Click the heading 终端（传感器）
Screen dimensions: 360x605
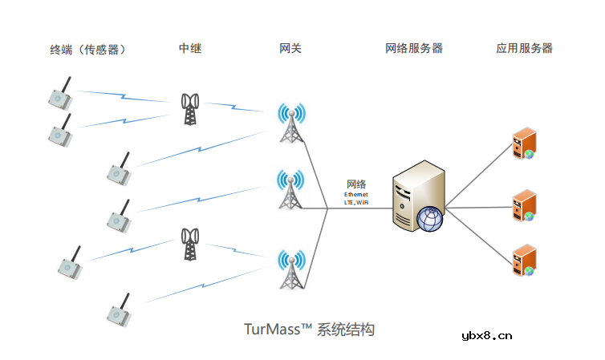(x=88, y=50)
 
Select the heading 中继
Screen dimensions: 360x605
(x=190, y=49)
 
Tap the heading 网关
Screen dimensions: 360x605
(x=290, y=49)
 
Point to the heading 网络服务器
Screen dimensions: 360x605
(x=414, y=49)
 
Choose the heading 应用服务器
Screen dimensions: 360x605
(x=525, y=49)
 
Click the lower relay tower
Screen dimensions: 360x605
(x=190, y=244)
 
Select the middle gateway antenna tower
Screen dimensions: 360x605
(x=290, y=190)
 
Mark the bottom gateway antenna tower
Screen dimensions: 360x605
(x=290, y=270)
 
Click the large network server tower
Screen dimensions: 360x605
(x=414, y=195)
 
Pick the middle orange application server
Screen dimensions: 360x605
(x=524, y=204)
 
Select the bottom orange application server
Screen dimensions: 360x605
(x=524, y=261)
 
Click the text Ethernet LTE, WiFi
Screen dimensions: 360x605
(x=356, y=199)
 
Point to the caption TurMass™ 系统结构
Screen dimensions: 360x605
(x=309, y=330)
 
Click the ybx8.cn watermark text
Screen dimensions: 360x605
(x=486, y=336)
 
